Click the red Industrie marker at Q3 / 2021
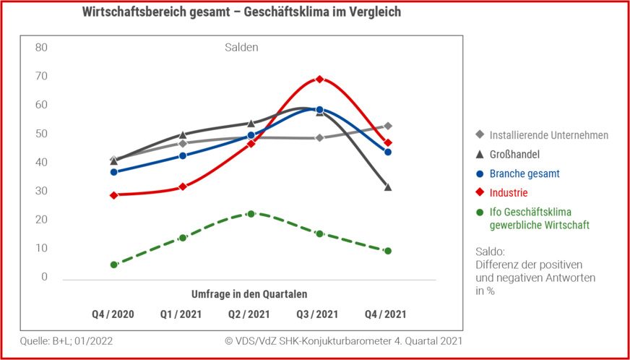pyautogui.click(x=319, y=79)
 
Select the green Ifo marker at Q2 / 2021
pyautogui.click(x=251, y=214)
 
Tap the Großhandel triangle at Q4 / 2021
pyautogui.click(x=388, y=187)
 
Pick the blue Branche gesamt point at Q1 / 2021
pyautogui.click(x=182, y=155)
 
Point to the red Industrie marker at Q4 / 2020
pyautogui.click(x=113, y=195)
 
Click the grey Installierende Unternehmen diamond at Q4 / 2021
pyautogui.click(x=388, y=126)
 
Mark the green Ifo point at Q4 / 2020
pyautogui.click(x=113, y=265)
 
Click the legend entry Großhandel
pyautogui.click(x=514, y=154)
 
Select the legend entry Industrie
pyautogui.click(x=509, y=193)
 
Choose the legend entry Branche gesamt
pyautogui.click(x=525, y=173)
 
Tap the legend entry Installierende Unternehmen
pyautogui.click(x=548, y=135)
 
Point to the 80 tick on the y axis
pyautogui.click(x=41, y=48)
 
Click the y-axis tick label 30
pyautogui.click(x=41, y=191)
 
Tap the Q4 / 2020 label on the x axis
pyautogui.click(x=113, y=314)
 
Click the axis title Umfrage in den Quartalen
pyautogui.click(x=249, y=294)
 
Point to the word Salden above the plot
pyautogui.click(x=240, y=48)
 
